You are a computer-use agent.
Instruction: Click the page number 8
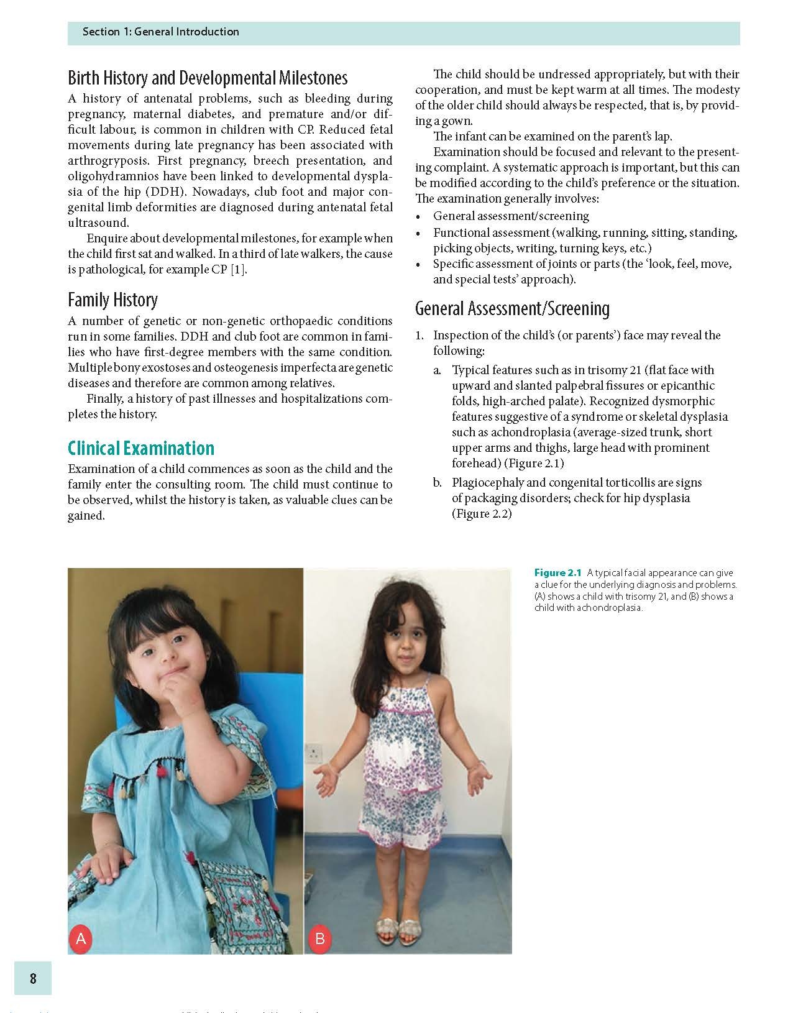(x=33, y=978)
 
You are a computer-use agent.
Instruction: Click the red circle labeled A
(x=81, y=938)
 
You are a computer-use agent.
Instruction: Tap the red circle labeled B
(x=319, y=938)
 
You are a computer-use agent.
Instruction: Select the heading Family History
(x=112, y=300)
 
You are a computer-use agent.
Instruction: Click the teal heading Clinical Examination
(x=140, y=448)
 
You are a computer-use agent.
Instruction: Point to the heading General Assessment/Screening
(x=512, y=309)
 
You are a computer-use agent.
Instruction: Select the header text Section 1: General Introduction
(x=160, y=32)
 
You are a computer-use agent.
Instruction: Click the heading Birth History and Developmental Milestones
(x=208, y=78)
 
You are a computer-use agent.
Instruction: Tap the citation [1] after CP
(x=239, y=270)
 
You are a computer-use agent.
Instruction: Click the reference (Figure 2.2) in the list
(x=482, y=514)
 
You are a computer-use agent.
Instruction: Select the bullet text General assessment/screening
(x=511, y=216)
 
